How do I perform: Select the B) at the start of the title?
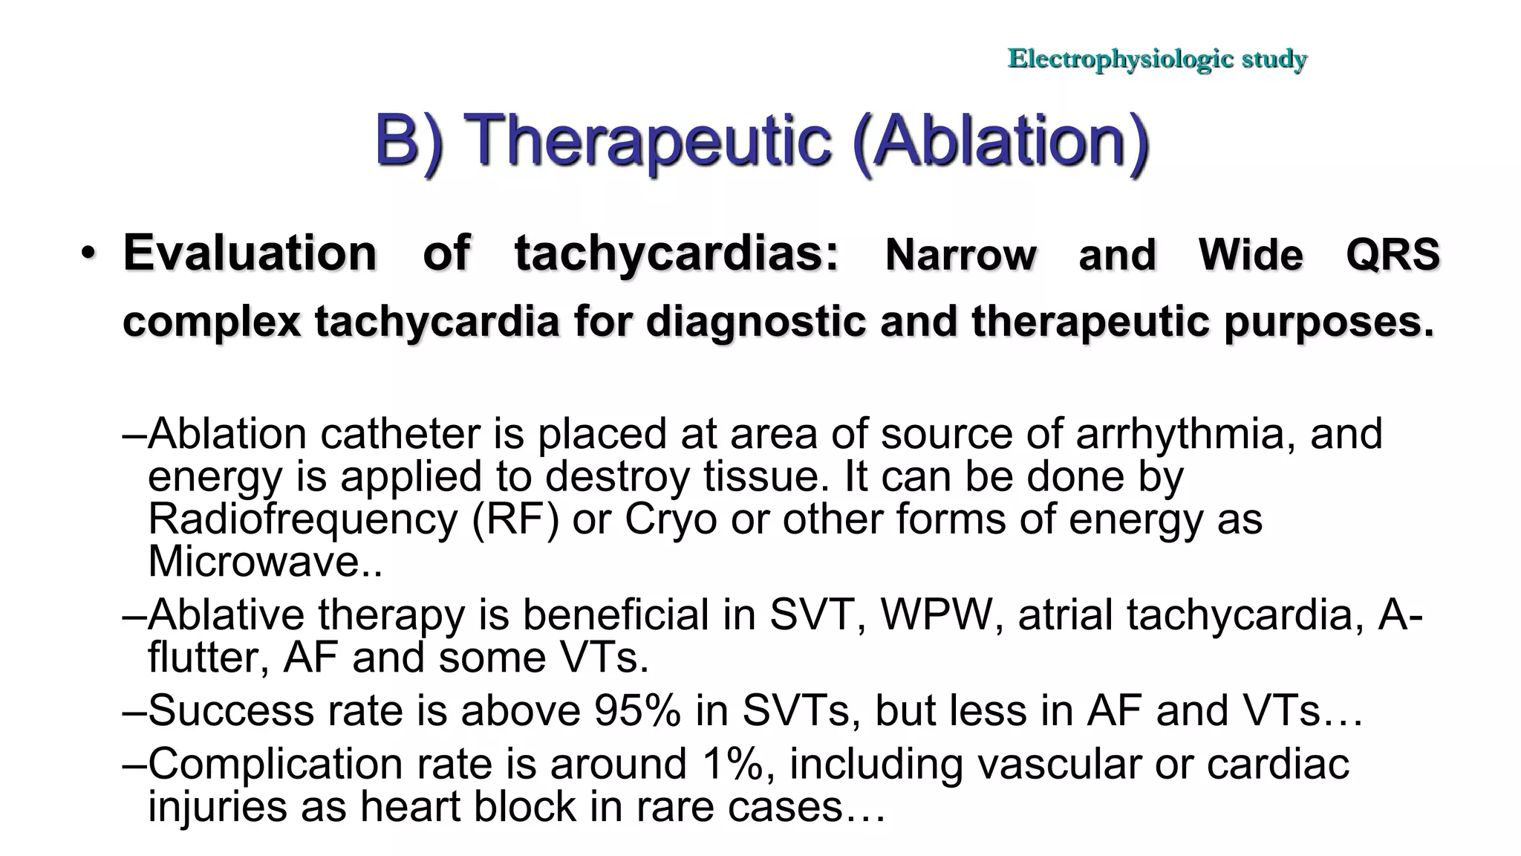tap(408, 140)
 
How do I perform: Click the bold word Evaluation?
tap(250, 253)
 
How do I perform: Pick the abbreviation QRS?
tap(1393, 255)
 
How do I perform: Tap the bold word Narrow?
tap(960, 255)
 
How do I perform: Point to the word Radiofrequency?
tap(302, 519)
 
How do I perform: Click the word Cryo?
tap(671, 519)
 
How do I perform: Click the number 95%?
tap(637, 710)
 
